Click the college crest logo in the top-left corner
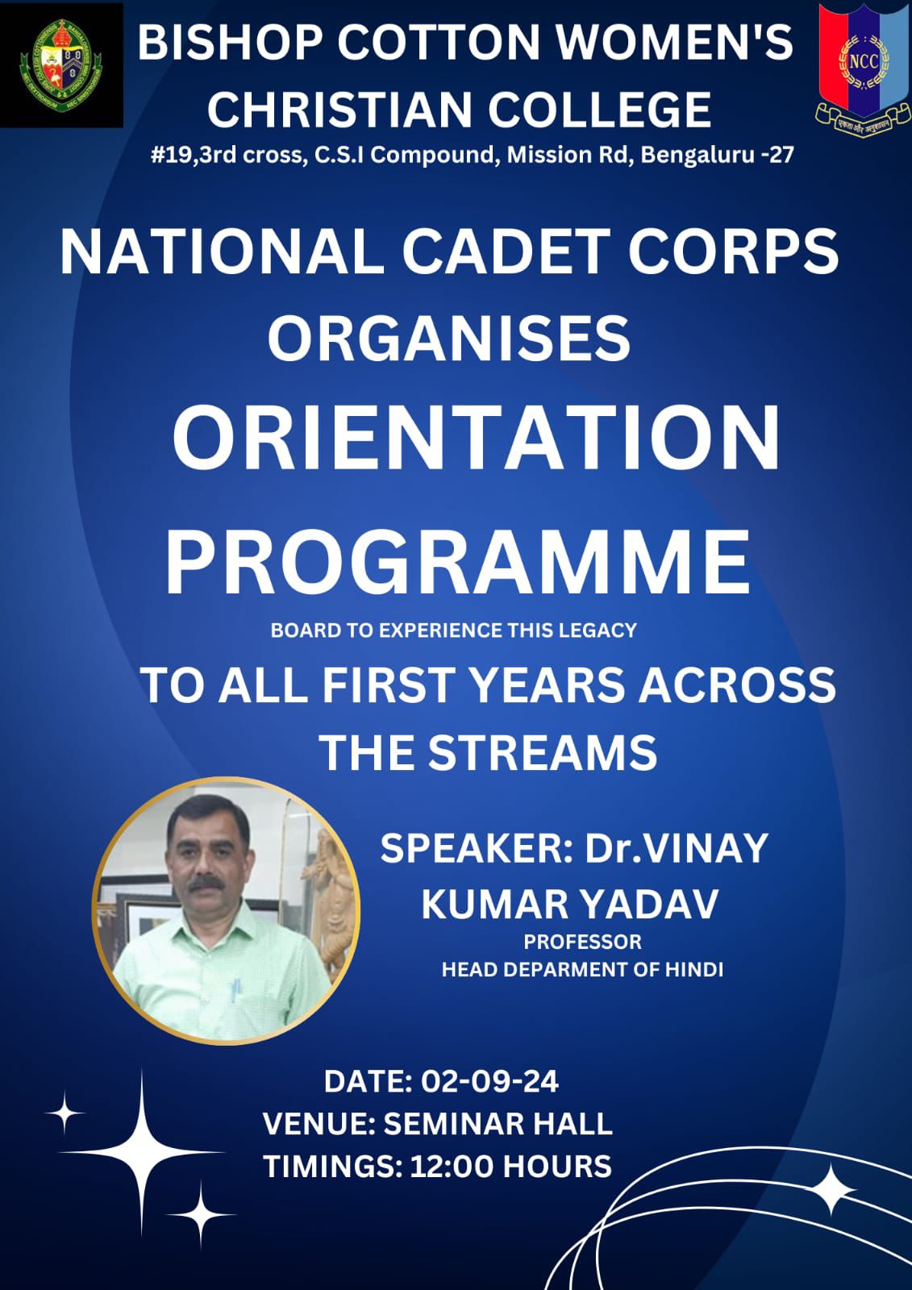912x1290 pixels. click(61, 64)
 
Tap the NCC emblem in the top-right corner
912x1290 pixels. click(863, 68)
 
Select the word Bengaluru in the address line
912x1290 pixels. click(696, 156)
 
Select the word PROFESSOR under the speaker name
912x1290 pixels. click(582, 943)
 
